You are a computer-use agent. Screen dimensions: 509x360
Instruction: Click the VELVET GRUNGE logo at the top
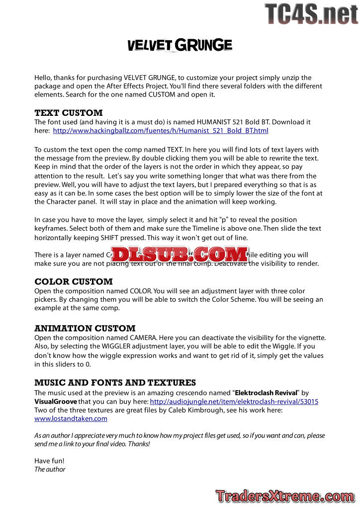[x=180, y=45]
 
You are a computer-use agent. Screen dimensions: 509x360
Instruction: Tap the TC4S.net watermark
[x=311, y=14]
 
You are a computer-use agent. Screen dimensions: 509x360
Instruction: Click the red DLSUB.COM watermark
[x=180, y=254]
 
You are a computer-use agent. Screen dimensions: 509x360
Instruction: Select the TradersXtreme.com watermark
[x=285, y=496]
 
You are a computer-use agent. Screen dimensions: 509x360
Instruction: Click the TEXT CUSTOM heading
[x=69, y=113]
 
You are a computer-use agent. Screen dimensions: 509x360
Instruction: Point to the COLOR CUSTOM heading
[x=74, y=282]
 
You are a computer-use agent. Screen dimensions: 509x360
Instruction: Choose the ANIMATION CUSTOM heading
[x=85, y=329]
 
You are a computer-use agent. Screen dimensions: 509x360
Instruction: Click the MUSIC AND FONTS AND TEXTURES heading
[x=115, y=383]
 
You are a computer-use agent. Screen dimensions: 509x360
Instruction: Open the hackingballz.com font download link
[x=161, y=131]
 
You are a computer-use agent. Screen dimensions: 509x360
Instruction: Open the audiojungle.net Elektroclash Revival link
[x=234, y=401]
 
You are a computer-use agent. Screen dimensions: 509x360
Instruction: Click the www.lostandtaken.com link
[x=71, y=419]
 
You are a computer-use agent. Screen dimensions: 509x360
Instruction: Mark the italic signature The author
[x=50, y=469]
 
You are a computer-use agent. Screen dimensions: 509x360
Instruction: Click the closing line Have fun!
[x=49, y=461]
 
